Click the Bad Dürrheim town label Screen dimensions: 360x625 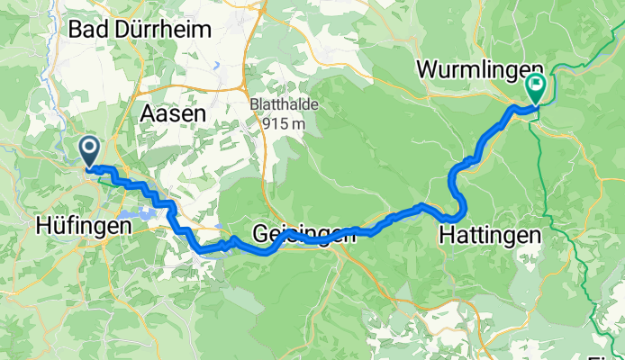coord(140,29)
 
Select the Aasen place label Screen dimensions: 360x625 coord(173,114)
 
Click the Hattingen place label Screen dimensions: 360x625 coord(490,236)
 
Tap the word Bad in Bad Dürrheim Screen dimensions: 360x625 coord(92,29)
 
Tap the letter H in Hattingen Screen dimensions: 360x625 coord(446,236)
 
